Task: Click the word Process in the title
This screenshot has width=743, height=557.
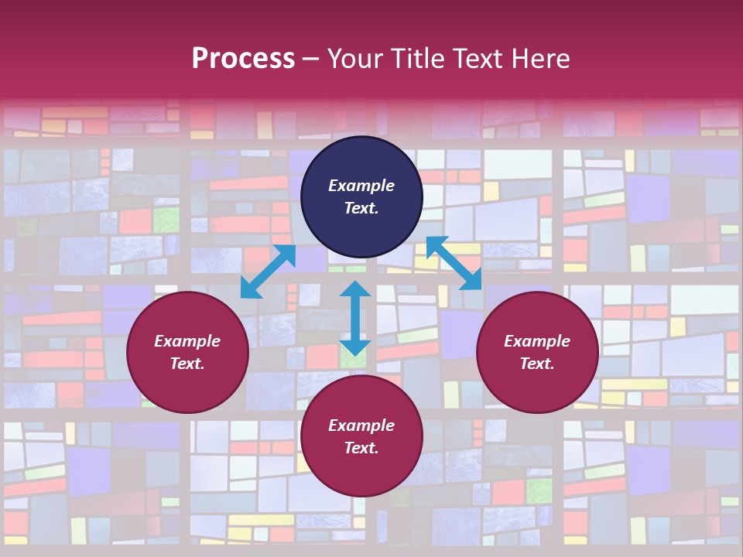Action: [x=243, y=59]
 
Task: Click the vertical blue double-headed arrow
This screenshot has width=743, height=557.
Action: [x=355, y=318]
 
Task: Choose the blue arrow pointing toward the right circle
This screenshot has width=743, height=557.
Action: [x=454, y=264]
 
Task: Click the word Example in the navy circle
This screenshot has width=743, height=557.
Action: [x=361, y=186]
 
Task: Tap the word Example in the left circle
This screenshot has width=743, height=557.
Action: [x=187, y=341]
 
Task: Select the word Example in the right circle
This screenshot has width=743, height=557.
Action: [x=537, y=341]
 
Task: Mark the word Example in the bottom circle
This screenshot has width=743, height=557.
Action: [x=361, y=425]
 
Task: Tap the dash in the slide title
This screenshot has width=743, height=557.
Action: [x=311, y=60]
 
